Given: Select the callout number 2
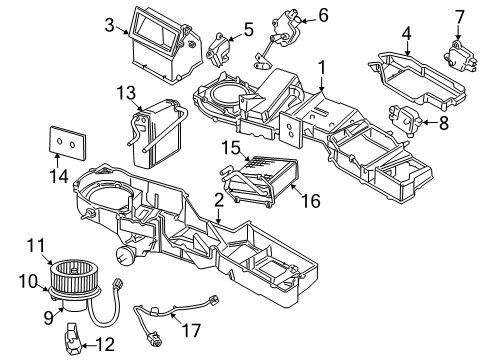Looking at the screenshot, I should [x=218, y=199].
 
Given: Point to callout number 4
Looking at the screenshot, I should [x=406, y=33].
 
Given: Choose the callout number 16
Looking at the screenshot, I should [x=311, y=201].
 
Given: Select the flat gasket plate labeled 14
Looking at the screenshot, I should [x=69, y=144].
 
